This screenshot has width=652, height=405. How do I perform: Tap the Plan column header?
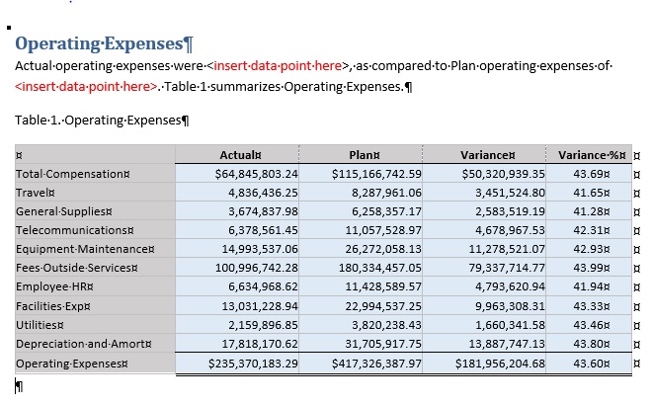pyautogui.click(x=360, y=154)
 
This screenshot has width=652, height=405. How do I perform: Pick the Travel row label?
pyautogui.click(x=36, y=193)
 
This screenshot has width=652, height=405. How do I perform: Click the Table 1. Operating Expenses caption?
pyautogui.click(x=100, y=121)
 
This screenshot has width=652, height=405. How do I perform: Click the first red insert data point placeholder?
pyautogui.click(x=279, y=66)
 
